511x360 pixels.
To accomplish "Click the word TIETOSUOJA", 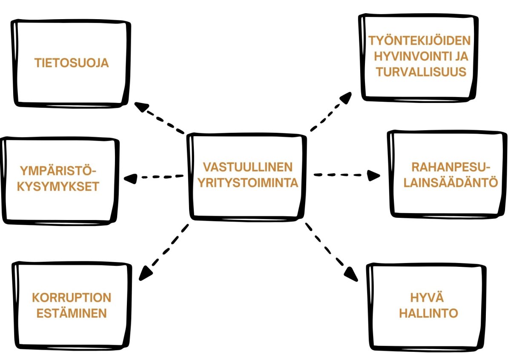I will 72,63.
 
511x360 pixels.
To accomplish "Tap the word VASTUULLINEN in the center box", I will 247,166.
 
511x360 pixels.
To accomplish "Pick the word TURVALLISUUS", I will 421,71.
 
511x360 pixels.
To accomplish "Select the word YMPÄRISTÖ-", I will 58,171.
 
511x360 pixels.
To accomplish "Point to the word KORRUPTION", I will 72,297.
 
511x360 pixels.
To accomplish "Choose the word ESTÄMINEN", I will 71,314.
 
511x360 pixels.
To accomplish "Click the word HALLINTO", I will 426,314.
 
